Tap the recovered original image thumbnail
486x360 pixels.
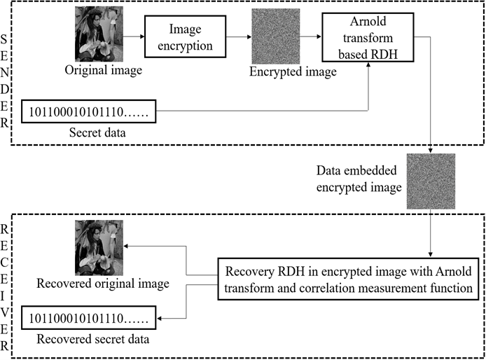(x=99, y=247)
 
